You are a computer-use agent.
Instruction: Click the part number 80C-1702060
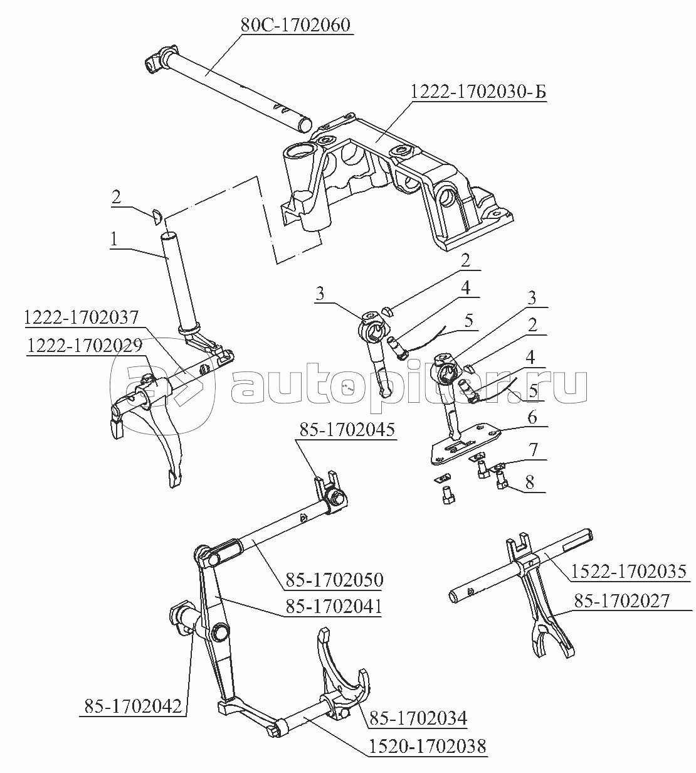(x=295, y=26)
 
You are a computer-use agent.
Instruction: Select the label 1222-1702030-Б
(x=478, y=92)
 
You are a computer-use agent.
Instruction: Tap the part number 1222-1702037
(x=82, y=318)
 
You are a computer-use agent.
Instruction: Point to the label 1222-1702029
(x=85, y=346)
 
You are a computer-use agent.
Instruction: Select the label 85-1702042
(x=133, y=706)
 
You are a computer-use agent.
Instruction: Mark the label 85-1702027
(x=622, y=611)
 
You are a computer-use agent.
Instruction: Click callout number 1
(x=114, y=239)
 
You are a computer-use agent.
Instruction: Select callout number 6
(x=532, y=417)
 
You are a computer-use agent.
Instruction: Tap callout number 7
(x=533, y=450)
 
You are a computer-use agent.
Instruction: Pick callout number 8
(x=530, y=482)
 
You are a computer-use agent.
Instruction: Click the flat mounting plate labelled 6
(x=466, y=444)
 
